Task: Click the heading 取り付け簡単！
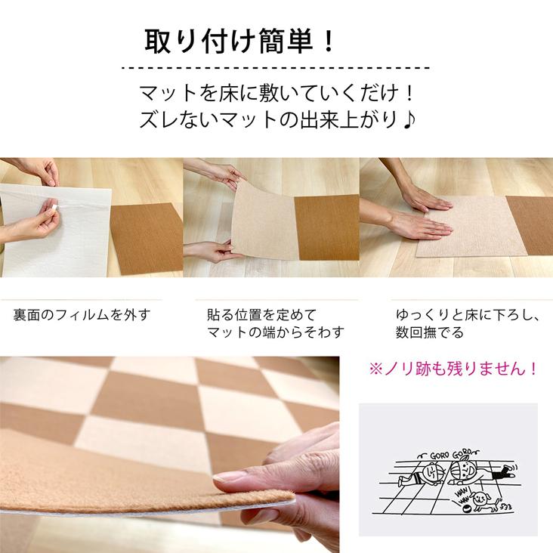pos(239,40)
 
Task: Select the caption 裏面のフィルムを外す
pos(82,314)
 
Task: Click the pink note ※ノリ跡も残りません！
pos(453,369)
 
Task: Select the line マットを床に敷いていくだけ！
pos(277,94)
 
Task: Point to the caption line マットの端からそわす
pos(276,332)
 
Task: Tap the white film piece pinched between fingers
pos(54,205)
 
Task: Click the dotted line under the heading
pos(276,67)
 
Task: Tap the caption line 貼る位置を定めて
pos(261,314)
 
